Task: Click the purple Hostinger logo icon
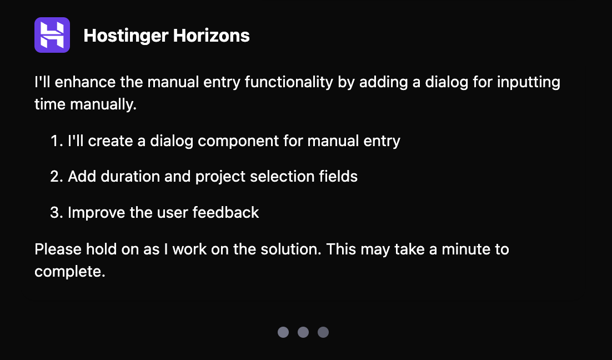pos(52,35)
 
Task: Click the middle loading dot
pos(303,332)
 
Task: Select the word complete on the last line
pos(69,272)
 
